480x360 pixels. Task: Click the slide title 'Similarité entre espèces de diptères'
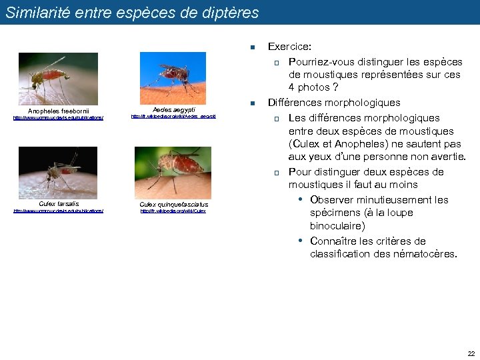(x=132, y=12)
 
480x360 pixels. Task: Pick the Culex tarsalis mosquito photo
(x=58, y=172)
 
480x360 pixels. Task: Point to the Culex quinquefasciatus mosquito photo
(x=173, y=172)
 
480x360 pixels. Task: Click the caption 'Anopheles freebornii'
(x=59, y=111)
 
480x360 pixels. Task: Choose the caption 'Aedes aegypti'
(x=173, y=109)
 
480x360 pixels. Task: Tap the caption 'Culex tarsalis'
(x=59, y=203)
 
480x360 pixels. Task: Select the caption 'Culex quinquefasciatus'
(x=173, y=205)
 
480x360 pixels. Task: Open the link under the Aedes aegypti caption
(x=173, y=117)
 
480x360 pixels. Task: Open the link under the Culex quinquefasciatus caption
(x=173, y=211)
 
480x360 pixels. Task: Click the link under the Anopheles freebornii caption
(x=59, y=118)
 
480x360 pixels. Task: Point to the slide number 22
(x=471, y=353)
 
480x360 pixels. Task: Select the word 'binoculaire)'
(x=337, y=226)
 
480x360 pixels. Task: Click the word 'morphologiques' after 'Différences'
(x=363, y=103)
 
